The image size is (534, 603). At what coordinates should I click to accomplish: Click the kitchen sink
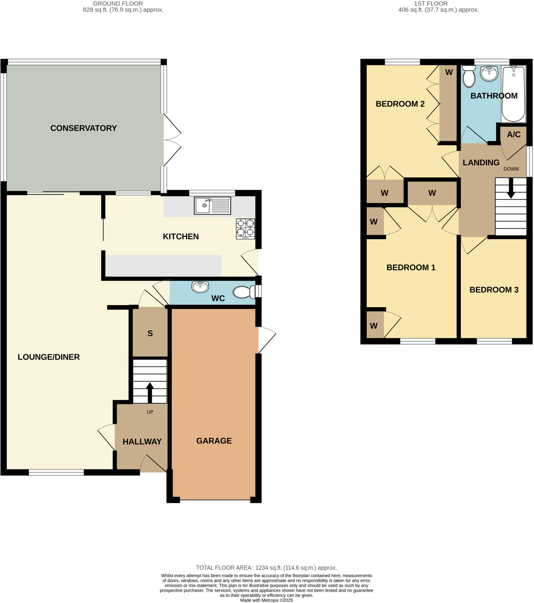pyautogui.click(x=212, y=205)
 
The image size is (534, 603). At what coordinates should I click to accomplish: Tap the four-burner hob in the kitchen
pyautogui.click(x=245, y=229)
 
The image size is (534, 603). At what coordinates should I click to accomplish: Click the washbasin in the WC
pyautogui.click(x=200, y=287)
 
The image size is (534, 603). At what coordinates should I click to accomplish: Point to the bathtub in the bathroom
pyautogui.click(x=513, y=94)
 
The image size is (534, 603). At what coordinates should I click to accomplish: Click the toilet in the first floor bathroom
pyautogui.click(x=469, y=76)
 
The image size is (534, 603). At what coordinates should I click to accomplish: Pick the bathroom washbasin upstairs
pyautogui.click(x=489, y=73)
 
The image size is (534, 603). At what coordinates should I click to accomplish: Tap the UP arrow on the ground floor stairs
pyautogui.click(x=150, y=392)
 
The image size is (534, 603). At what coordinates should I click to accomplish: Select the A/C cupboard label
pyautogui.click(x=514, y=135)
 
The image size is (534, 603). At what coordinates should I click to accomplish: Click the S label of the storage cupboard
pyautogui.click(x=150, y=333)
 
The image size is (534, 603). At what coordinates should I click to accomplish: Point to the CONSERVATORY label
pyautogui.click(x=84, y=128)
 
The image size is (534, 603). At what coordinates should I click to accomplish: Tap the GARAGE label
pyautogui.click(x=214, y=441)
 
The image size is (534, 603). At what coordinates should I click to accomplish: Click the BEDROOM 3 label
pyautogui.click(x=494, y=290)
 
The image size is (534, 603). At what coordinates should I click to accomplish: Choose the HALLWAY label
pyautogui.click(x=142, y=442)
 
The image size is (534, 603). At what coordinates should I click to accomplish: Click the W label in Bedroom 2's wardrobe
pyautogui.click(x=449, y=72)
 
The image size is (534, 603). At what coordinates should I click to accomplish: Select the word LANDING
pyautogui.click(x=481, y=163)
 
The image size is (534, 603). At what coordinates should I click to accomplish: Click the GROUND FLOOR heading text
pyautogui.click(x=118, y=4)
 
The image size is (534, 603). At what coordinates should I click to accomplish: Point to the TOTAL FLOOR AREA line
pyautogui.click(x=266, y=568)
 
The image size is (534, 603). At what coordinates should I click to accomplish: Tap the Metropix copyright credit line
pyautogui.click(x=266, y=600)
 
